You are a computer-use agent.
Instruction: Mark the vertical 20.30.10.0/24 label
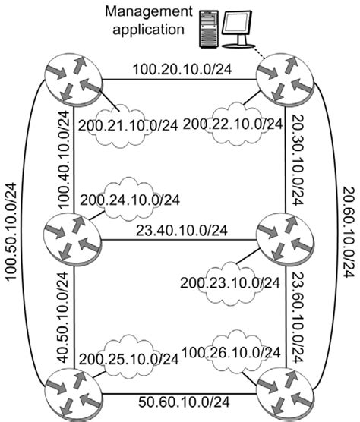[x=298, y=159]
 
